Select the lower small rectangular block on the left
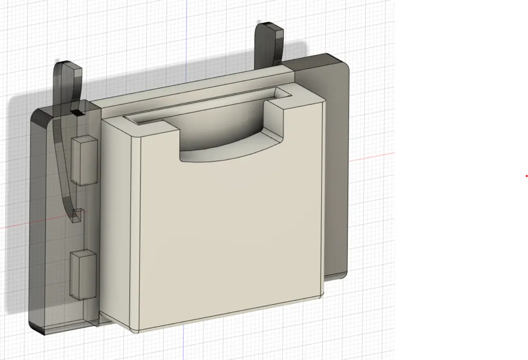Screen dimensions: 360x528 click(83, 272)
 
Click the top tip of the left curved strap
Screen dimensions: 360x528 click(68, 66)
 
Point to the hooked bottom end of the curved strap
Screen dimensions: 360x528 click(78, 215)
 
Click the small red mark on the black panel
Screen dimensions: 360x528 click(526, 175)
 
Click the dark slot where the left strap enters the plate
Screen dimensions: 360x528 click(78, 112)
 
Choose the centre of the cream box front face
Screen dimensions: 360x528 click(227, 232)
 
